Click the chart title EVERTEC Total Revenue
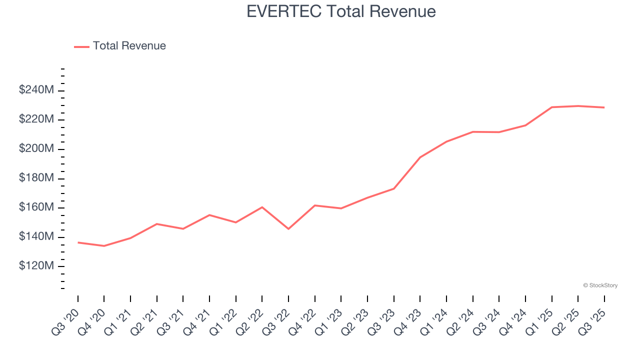point(341,11)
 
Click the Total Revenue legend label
point(129,46)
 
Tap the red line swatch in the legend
point(81,46)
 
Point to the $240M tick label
point(36,90)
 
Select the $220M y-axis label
point(36,119)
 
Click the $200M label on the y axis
point(36,149)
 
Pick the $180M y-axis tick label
point(36,178)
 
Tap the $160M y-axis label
point(36,207)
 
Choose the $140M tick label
point(36,236)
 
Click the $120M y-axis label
point(36,266)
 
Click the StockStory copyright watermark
point(600,285)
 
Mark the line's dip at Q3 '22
point(288,229)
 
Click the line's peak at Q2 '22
point(262,207)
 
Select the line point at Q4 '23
point(420,157)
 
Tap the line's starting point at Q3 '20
point(78,242)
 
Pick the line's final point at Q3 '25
point(604,107)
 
